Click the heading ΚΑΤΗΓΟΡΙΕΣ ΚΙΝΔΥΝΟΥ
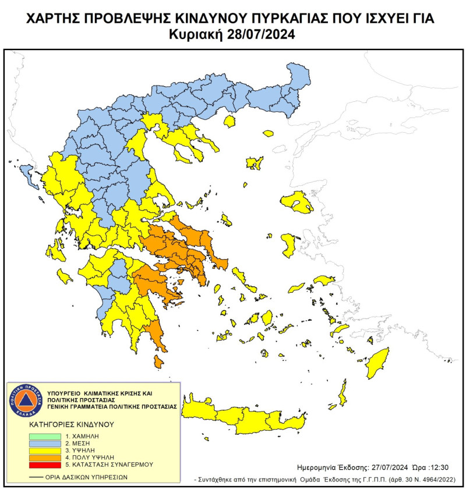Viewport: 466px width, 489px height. pyautogui.click(x=65, y=424)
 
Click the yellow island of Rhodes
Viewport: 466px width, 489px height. pyautogui.click(x=377, y=363)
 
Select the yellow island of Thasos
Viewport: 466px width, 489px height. pyautogui.click(x=230, y=121)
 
